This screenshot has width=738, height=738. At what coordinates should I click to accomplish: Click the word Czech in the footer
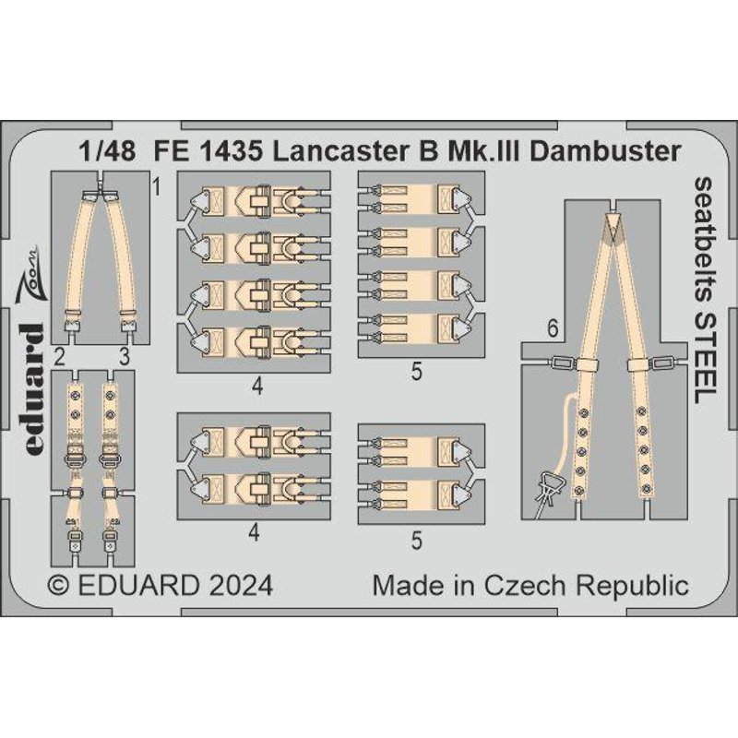pos(555,586)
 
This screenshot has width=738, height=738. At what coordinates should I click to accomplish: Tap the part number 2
pos(57,355)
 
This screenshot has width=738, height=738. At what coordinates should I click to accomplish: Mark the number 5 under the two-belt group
pos(417,544)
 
